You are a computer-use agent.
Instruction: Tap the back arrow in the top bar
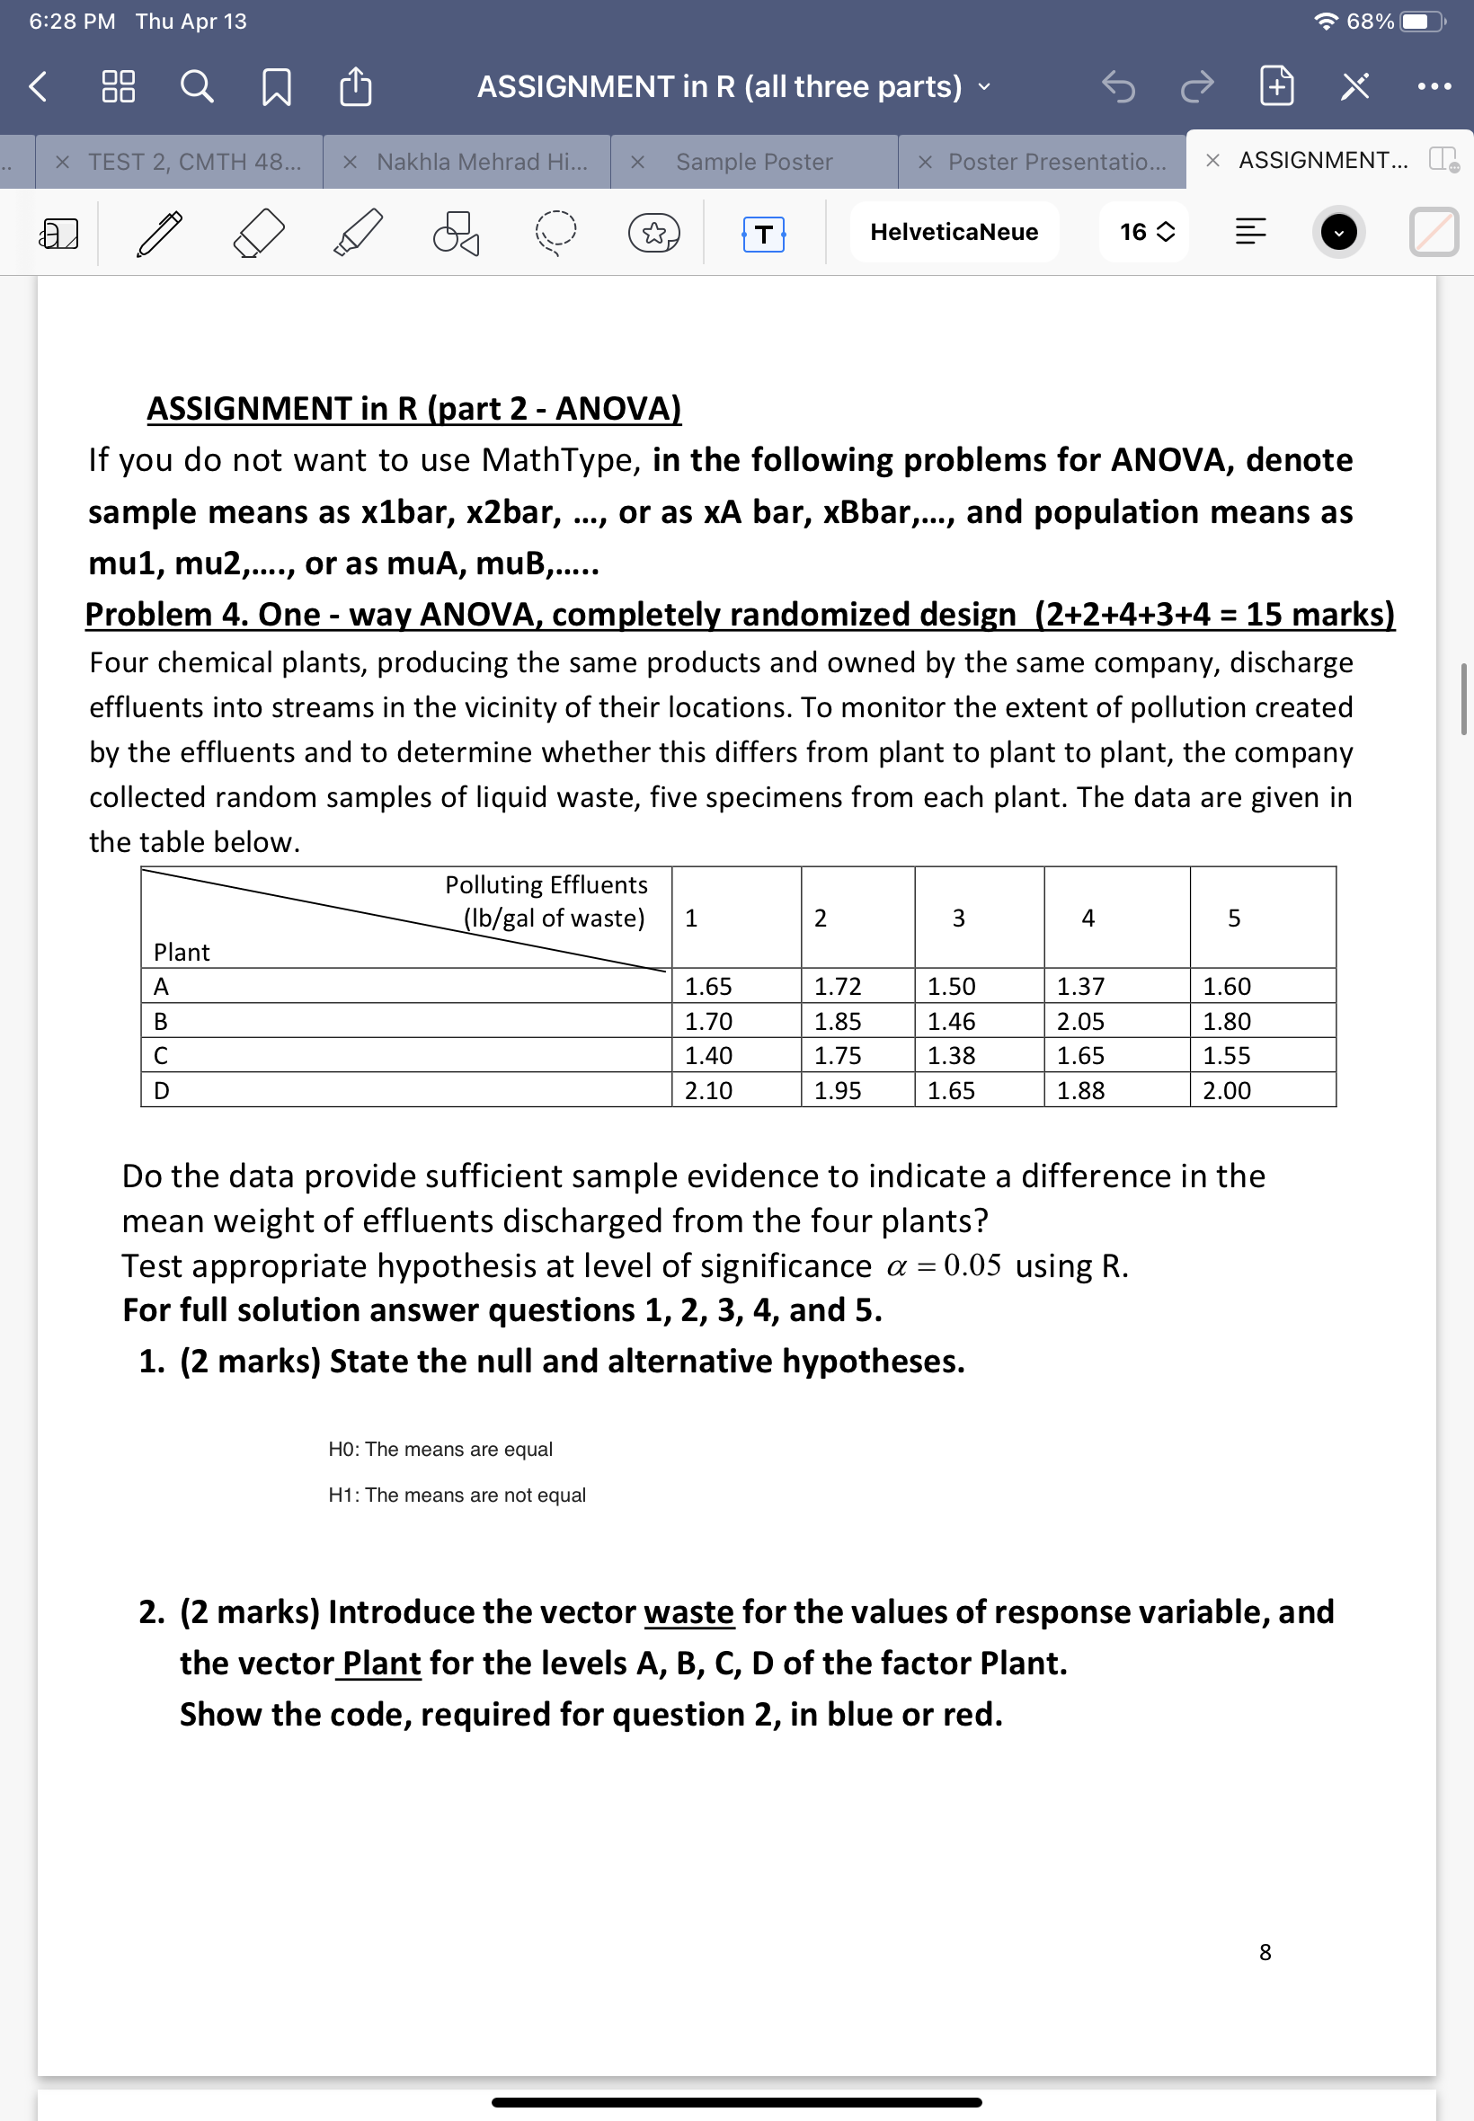click(x=38, y=87)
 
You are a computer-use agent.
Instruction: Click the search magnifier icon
click(x=196, y=87)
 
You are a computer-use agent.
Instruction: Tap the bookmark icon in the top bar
click(x=276, y=88)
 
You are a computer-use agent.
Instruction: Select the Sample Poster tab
click(x=753, y=162)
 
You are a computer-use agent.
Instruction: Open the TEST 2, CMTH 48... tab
click(x=194, y=162)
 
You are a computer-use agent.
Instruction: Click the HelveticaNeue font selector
click(x=953, y=232)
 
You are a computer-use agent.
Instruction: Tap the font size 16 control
click(x=1146, y=232)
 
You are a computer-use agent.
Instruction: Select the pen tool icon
click(x=160, y=233)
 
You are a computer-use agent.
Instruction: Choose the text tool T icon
click(x=763, y=234)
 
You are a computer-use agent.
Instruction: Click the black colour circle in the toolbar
click(x=1337, y=232)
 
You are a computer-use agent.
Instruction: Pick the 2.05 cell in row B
click(x=1079, y=1021)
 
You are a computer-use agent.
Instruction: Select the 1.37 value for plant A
click(x=1079, y=986)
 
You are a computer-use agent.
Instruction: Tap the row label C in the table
click(x=161, y=1055)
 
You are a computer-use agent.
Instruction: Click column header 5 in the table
click(x=1233, y=918)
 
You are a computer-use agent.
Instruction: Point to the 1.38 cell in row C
click(x=950, y=1055)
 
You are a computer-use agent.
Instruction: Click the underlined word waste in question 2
click(x=688, y=1612)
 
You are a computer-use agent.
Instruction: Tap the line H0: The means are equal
click(x=440, y=1449)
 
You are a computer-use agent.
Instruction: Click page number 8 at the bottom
click(x=1265, y=1952)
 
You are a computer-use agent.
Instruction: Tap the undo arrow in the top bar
click(x=1117, y=87)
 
